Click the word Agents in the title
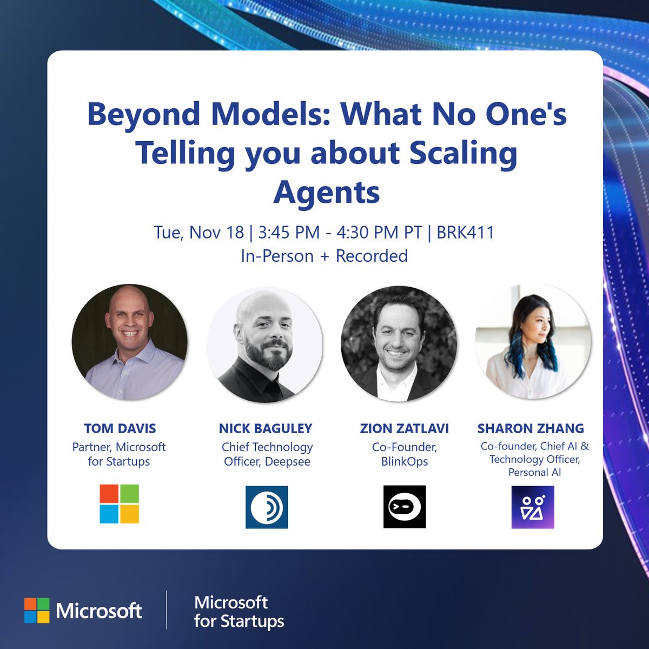(x=327, y=193)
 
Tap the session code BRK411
(x=465, y=233)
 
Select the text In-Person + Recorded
(x=324, y=256)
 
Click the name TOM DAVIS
(x=120, y=428)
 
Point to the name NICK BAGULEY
(x=266, y=428)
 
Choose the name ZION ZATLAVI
(x=405, y=428)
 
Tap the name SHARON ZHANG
(x=531, y=428)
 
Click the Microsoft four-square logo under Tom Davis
(x=120, y=504)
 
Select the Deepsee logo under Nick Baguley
(x=267, y=507)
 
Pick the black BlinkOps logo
(x=405, y=507)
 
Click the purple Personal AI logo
(x=533, y=507)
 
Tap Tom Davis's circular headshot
(x=130, y=342)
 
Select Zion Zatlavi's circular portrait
(x=399, y=344)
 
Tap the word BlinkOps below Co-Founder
(x=405, y=462)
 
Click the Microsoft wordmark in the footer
(x=98, y=611)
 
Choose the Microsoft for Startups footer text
(x=239, y=612)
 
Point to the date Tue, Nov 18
(x=199, y=233)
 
